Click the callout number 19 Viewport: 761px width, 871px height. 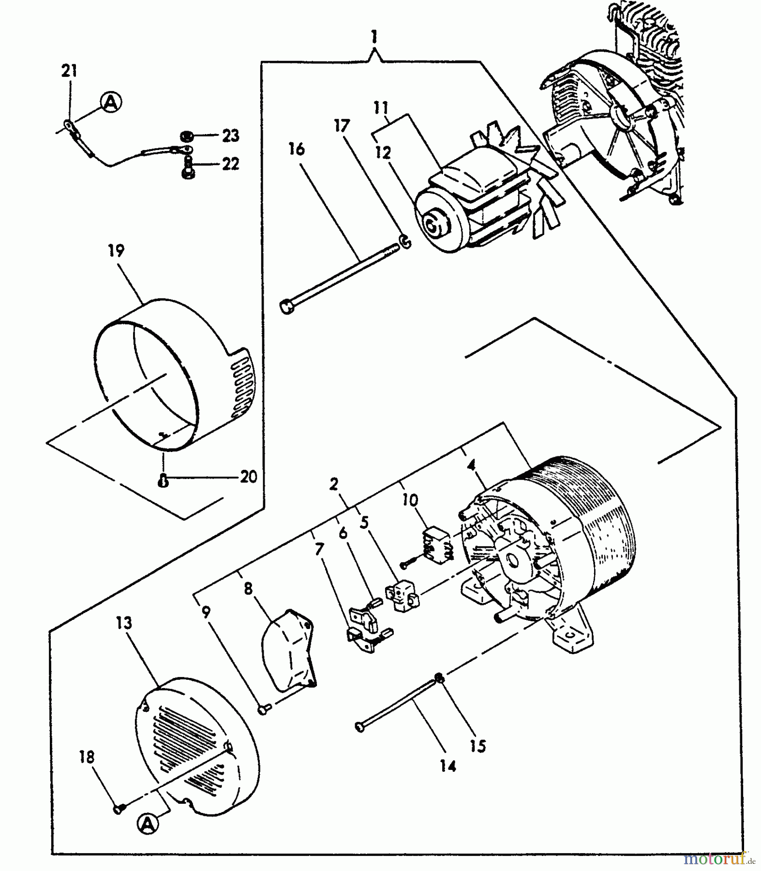pyautogui.click(x=117, y=251)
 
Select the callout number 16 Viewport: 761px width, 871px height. pyautogui.click(x=297, y=149)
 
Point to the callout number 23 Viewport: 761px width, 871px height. pyautogui.click(x=230, y=136)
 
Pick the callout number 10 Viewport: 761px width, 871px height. pyautogui.click(x=410, y=500)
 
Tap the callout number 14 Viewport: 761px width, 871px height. pyautogui.click(x=448, y=766)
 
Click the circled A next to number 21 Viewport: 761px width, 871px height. pyautogui.click(x=111, y=102)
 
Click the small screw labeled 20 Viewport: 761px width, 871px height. pyautogui.click(x=164, y=480)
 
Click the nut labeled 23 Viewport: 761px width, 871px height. pyautogui.click(x=185, y=136)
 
